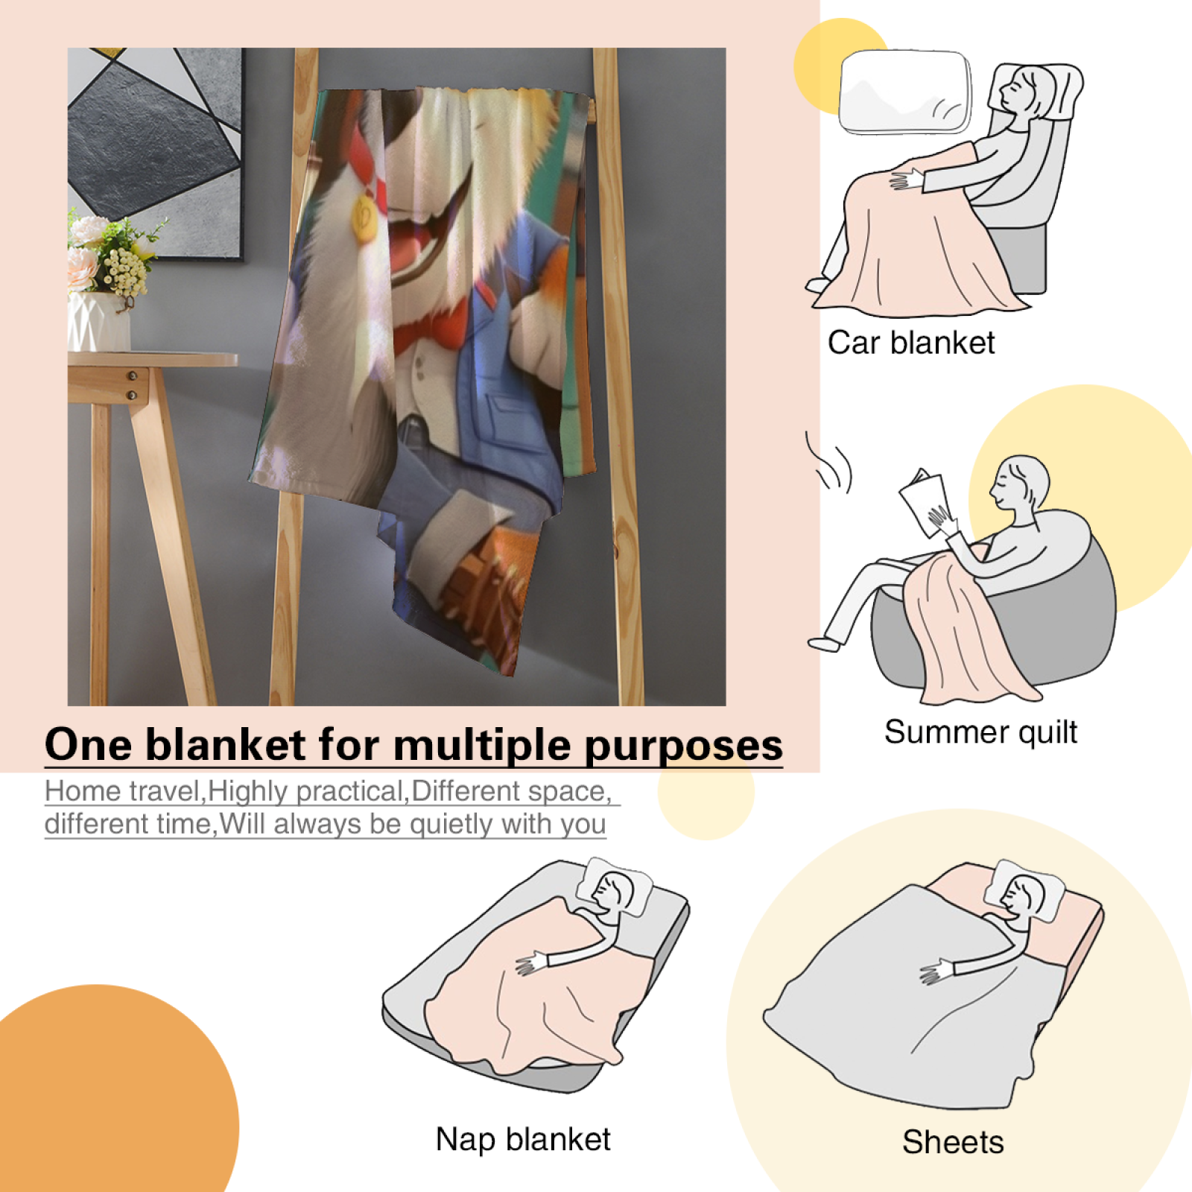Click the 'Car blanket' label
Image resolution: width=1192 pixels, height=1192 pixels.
click(911, 343)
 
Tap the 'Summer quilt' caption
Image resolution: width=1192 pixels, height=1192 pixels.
click(980, 732)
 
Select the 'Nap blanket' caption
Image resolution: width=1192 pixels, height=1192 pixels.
click(523, 1139)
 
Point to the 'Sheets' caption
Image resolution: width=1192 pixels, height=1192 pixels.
click(953, 1142)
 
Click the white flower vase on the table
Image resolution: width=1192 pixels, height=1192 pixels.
click(98, 322)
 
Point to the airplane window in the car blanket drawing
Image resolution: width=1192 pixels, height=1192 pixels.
click(906, 92)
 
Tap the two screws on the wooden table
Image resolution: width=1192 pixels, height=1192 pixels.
click(132, 385)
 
